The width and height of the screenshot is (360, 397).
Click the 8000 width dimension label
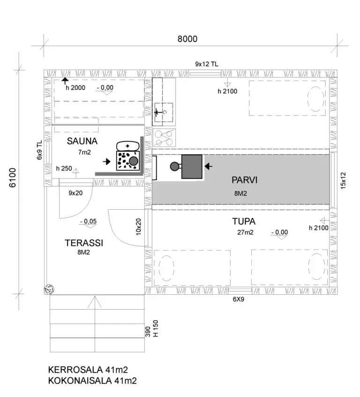tap(187, 39)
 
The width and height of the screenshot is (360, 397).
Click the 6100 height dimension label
tap(12, 177)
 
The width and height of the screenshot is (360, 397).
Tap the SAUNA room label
tap(82, 141)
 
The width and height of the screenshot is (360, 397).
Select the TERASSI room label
tap(84, 243)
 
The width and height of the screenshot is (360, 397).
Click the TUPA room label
tap(244, 221)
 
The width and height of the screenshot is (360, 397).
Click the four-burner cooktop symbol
tap(164, 138)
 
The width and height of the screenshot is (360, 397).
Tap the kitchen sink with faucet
tap(164, 112)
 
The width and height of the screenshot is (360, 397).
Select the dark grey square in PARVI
tap(192, 167)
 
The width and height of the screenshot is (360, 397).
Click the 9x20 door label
tap(75, 193)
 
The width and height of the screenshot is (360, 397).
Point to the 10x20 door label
tap(138, 227)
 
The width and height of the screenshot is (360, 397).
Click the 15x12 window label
tap(343, 181)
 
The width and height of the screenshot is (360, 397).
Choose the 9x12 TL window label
tap(206, 64)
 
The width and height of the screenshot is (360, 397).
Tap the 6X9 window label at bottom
tap(238, 299)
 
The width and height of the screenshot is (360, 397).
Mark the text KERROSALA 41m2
tap(88, 370)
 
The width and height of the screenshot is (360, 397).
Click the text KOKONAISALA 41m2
tap(92, 381)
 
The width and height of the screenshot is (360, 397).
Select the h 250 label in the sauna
tap(64, 168)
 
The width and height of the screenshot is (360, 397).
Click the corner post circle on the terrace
tap(49, 289)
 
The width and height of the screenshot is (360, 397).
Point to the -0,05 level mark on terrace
tap(88, 221)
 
